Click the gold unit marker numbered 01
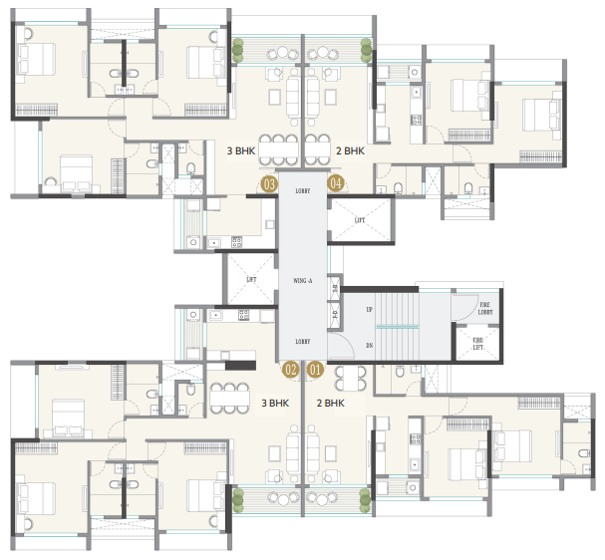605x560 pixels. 316,370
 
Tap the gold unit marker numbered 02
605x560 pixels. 291,370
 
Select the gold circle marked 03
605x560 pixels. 268,183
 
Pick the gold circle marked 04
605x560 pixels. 336,183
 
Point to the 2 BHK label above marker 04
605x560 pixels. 349,151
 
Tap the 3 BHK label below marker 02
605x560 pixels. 276,404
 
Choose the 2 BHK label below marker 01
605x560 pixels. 331,404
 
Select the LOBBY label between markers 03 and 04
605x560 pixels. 303,189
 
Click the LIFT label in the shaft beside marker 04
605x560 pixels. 359,219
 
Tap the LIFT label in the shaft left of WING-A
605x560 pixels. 252,281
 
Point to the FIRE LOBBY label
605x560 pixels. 485,310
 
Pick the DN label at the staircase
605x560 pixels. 372,346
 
